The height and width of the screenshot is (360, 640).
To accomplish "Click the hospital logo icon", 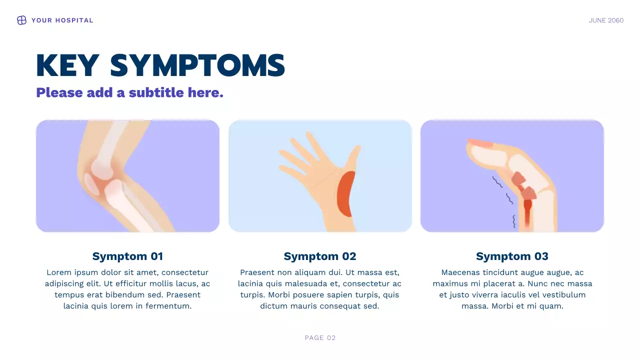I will tap(21, 20).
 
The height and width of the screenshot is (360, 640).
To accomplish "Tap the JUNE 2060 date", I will tap(606, 20).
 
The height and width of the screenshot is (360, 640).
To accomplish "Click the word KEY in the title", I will tap(67, 65).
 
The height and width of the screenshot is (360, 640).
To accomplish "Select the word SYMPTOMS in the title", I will tap(197, 65).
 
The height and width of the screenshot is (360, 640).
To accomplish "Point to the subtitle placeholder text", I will tap(129, 92).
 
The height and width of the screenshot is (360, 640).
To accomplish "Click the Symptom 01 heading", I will tap(127, 256).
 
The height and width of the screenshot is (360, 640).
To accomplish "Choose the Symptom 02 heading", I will tap(320, 256).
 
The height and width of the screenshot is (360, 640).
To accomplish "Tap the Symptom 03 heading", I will tap(512, 256).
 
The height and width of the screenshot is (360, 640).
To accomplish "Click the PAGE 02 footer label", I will tap(320, 338).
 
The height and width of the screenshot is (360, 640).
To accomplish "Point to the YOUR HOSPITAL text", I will tap(62, 20).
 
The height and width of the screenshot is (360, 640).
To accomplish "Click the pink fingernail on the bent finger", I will tap(480, 143).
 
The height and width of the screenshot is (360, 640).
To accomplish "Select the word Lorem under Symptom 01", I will tap(58, 272).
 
